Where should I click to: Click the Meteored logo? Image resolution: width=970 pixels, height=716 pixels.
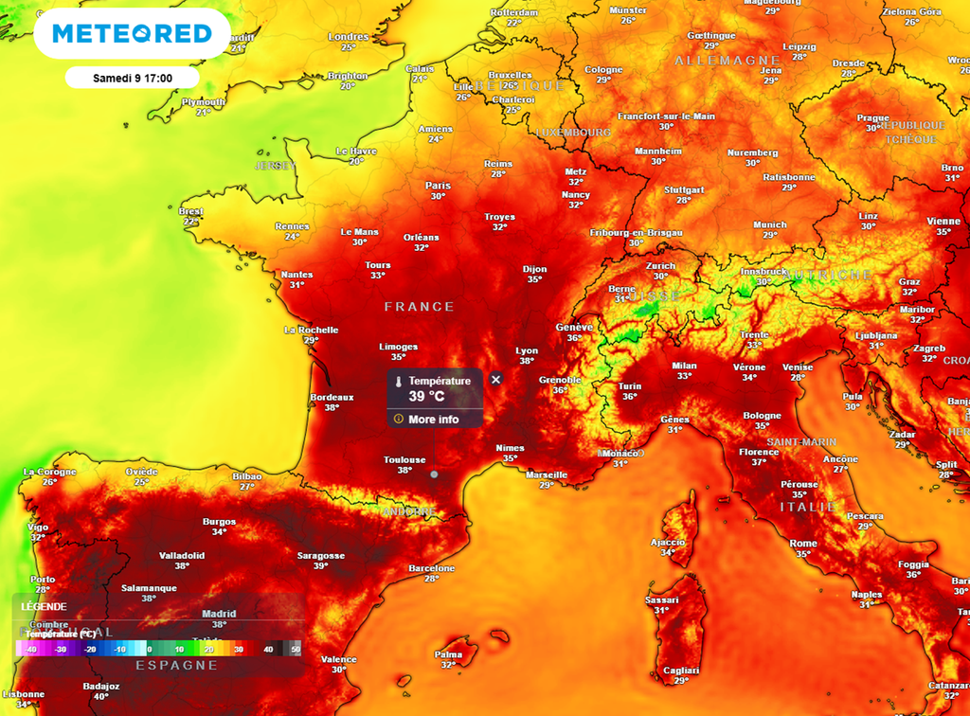[x=132, y=34]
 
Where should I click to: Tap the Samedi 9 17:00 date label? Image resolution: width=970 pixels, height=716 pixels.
[x=132, y=78]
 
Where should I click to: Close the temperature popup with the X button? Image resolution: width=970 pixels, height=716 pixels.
[x=495, y=379]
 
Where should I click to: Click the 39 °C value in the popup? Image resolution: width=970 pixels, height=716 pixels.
[x=426, y=397]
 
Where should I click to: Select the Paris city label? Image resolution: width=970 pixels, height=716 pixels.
[x=438, y=186]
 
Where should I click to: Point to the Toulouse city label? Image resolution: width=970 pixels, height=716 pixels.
[x=404, y=460]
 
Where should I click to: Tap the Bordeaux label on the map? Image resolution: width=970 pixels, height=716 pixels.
[x=332, y=398]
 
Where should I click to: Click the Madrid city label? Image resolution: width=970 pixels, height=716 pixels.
[x=219, y=614]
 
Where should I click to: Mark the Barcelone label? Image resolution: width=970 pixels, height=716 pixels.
[x=431, y=568]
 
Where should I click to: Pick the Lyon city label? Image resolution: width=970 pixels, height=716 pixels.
[x=527, y=350]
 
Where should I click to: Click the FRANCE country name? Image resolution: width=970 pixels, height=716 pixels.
[x=420, y=307]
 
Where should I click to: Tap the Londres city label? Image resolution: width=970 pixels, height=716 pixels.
[x=348, y=37]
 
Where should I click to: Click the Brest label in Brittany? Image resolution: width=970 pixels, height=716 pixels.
[x=191, y=211]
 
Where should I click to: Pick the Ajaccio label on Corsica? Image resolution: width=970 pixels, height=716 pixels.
[x=668, y=542]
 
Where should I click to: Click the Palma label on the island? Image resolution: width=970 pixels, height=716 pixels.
[x=448, y=653]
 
